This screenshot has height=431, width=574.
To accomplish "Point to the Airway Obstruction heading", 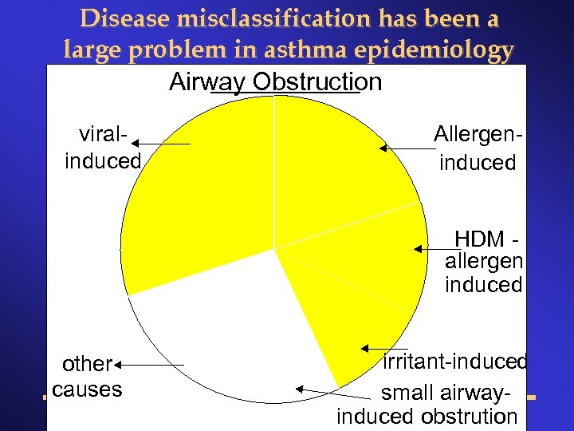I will [x=276, y=81].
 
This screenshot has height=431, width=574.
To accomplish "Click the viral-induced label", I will [x=102, y=147].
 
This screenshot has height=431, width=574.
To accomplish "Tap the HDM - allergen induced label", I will [x=483, y=262].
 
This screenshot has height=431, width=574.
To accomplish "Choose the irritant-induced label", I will [x=454, y=362].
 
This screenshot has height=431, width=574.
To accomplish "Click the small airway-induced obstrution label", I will [x=427, y=405].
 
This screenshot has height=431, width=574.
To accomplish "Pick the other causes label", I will [x=86, y=377].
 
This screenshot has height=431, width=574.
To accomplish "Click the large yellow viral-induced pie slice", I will [x=199, y=192].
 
